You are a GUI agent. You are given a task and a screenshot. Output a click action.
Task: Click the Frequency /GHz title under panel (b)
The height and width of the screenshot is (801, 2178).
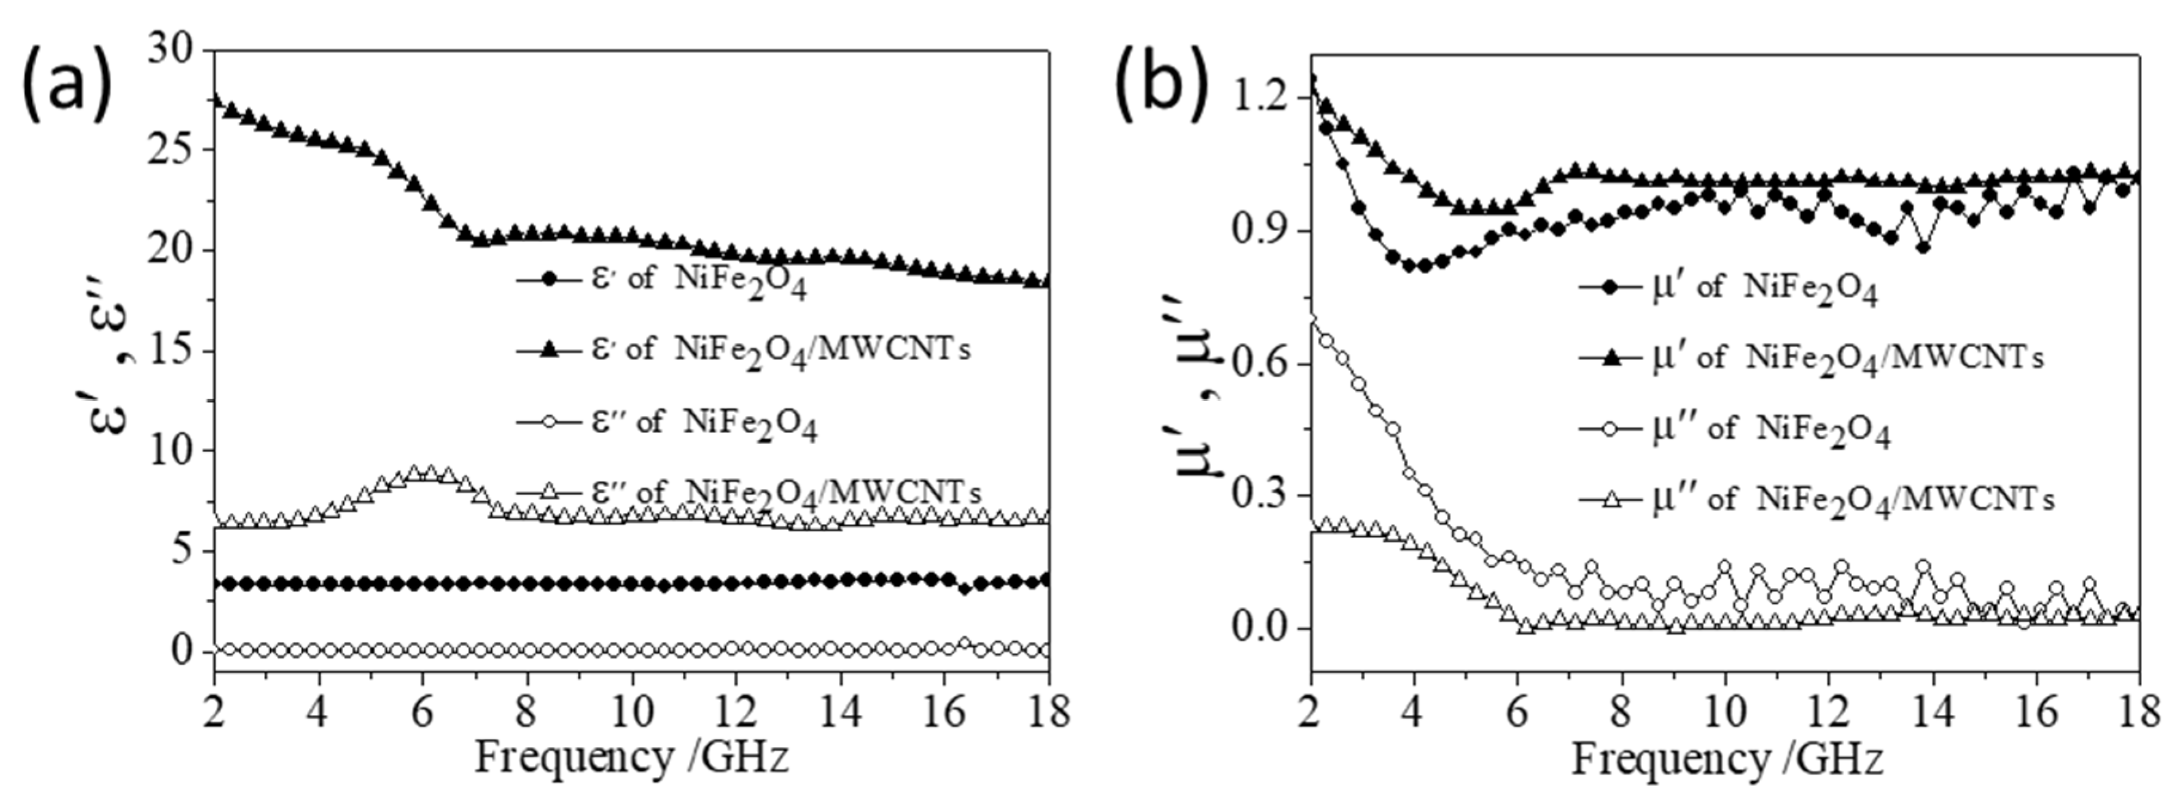1727,759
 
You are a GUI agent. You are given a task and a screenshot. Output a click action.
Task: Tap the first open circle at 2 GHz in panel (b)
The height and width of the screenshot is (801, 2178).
1311,318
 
